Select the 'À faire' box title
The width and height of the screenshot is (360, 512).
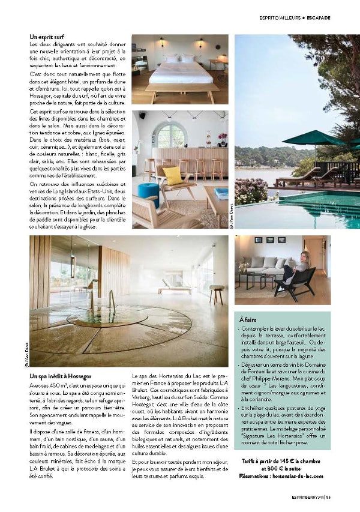248,321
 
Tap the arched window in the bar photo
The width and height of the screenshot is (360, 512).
170,135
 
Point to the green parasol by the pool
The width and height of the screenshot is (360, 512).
312,139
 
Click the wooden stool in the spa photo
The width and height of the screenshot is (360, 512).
217,293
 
